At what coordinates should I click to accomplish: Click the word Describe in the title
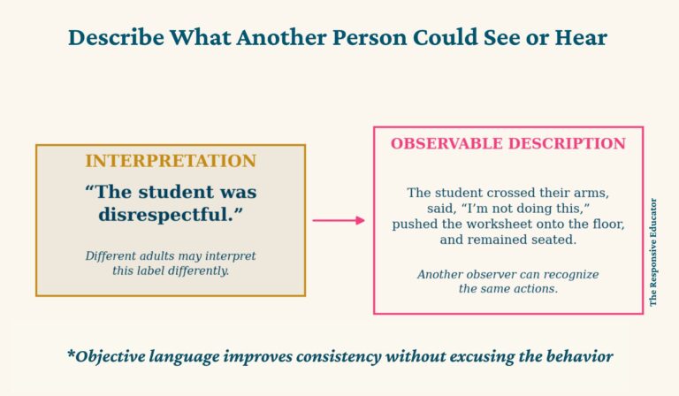pos(116,37)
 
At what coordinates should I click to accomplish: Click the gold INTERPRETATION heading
pos(171,161)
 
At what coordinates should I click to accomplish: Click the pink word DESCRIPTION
pos(568,144)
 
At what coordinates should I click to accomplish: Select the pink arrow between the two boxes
pos(339,220)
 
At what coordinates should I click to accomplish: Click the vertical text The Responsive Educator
pos(653,252)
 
